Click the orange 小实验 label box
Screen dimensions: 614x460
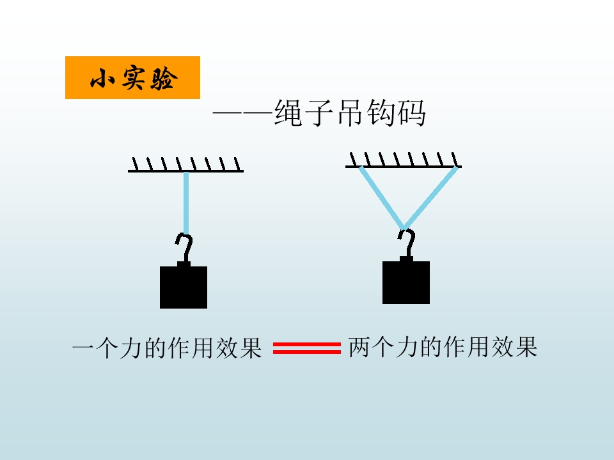[132, 77]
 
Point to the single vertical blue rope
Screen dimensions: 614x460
[186, 203]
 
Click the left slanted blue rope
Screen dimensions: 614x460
[381, 197]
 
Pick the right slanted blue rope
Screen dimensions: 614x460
[430, 197]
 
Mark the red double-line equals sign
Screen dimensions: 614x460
[306, 348]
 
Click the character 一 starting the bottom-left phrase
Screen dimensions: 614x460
[83, 347]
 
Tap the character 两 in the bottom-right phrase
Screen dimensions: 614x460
[359, 346]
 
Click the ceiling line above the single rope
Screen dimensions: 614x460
[185, 171]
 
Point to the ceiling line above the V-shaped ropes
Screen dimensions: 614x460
[404, 167]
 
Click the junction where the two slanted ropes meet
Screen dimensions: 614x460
[404, 227]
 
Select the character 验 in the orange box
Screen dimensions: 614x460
[163, 78]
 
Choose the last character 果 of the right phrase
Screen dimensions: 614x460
[526, 346]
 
